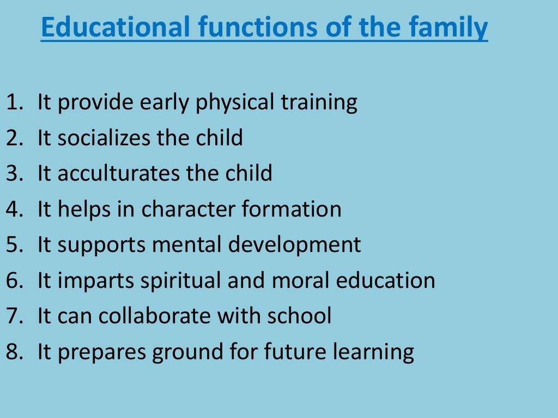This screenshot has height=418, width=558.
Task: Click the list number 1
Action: [x=13, y=102]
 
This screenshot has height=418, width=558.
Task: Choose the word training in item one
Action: [x=319, y=102]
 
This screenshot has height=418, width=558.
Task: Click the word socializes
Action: [x=104, y=138]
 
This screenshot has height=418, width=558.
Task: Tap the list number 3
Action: [x=13, y=173]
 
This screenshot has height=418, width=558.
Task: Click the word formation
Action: [x=296, y=209]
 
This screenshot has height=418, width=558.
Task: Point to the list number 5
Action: [x=13, y=244]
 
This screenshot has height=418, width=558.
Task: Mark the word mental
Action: [x=187, y=244]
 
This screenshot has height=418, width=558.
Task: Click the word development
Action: [x=294, y=244]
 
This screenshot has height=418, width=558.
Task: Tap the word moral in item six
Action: [x=292, y=280]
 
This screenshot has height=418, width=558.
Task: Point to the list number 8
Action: [x=13, y=352]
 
